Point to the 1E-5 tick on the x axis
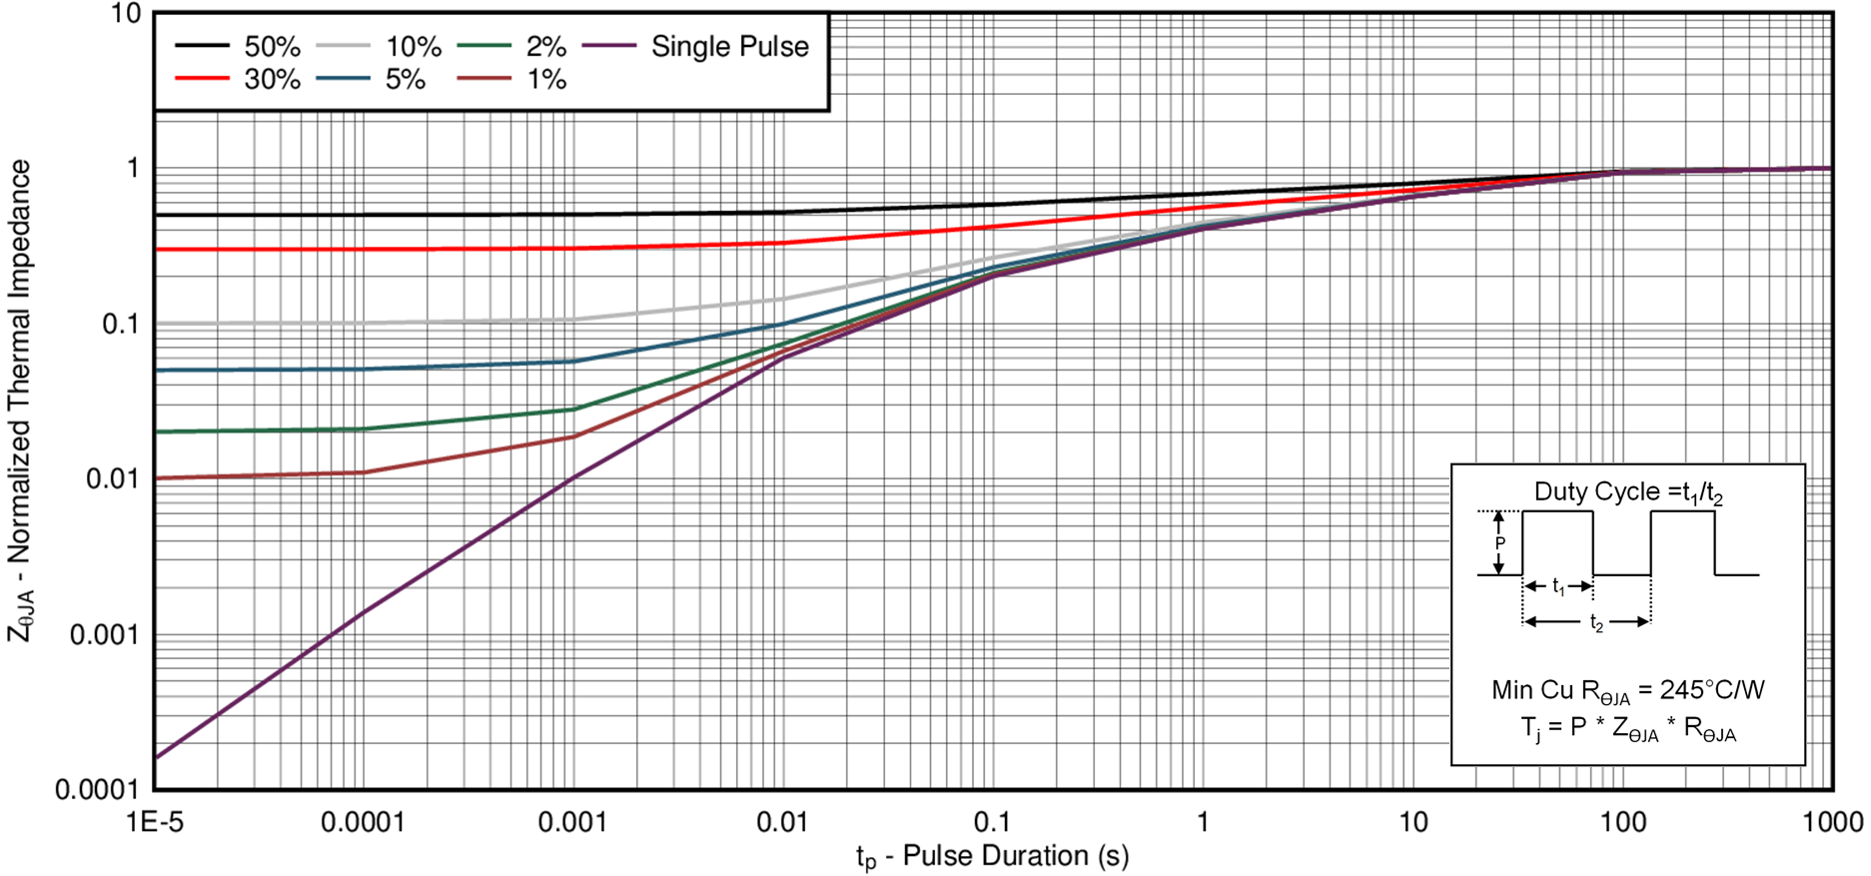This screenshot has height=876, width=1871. (155, 822)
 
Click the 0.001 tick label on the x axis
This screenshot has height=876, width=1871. (572, 822)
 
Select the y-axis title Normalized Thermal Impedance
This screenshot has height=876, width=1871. (20, 400)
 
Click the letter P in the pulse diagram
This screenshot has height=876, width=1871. (1499, 543)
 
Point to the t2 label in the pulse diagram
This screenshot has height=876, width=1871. (1596, 623)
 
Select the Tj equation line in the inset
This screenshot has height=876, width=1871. (1628, 728)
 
